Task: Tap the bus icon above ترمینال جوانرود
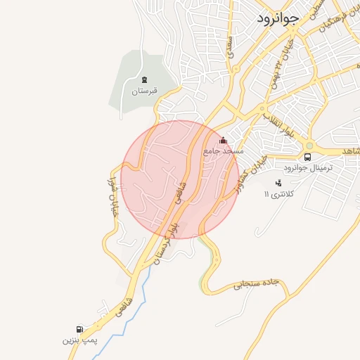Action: (308, 157)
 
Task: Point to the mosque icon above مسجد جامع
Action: (224, 141)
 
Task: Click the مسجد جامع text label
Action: (223, 151)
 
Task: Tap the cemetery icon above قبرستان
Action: (144, 80)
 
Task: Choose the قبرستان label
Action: (145, 91)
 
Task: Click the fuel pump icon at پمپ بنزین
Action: (79, 329)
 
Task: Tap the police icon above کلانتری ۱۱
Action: (278, 183)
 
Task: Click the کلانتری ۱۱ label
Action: (276, 193)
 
